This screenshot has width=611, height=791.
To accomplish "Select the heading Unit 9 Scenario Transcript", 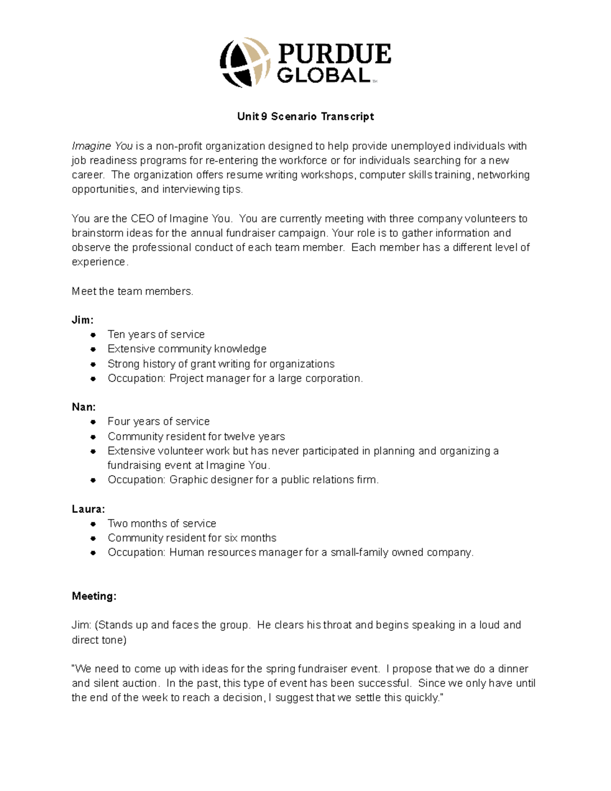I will (305, 117).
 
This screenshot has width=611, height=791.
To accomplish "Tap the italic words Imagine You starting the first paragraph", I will (102, 146).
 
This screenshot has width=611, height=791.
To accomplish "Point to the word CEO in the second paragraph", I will (143, 219).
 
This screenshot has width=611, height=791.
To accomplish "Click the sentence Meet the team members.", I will (132, 291).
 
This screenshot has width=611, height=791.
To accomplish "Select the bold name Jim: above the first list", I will (82, 320).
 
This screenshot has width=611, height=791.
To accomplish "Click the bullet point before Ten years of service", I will (93, 335).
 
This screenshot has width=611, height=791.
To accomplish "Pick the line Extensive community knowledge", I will (187, 349).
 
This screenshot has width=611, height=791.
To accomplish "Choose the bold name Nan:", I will (84, 407).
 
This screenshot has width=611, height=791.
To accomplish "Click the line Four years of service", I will (158, 422).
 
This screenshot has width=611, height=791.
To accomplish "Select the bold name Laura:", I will (89, 509).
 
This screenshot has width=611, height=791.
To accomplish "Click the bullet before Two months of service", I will (93, 524).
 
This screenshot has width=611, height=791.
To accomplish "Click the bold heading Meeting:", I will (94, 596).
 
